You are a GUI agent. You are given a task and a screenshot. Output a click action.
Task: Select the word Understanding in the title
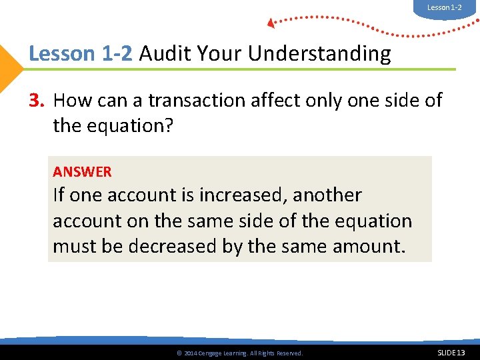319,54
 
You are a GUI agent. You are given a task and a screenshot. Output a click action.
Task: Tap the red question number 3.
36,100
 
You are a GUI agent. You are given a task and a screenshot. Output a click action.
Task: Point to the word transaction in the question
187,100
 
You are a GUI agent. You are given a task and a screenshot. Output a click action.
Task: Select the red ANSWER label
82,171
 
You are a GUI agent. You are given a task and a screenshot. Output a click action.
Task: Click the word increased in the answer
242,195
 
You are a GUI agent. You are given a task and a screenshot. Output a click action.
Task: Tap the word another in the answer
327,195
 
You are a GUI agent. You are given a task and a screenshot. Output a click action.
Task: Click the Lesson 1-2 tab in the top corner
444,7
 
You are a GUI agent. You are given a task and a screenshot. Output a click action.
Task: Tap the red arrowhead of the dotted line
271,23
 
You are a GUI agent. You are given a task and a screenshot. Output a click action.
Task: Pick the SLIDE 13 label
451,352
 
